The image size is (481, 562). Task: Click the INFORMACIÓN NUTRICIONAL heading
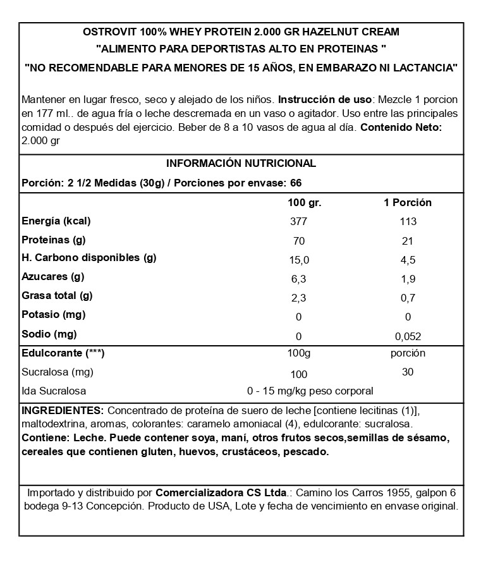coord(240,163)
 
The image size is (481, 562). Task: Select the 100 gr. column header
coord(304,203)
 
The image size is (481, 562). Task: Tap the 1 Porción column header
coord(408,203)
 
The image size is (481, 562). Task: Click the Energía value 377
coord(298,222)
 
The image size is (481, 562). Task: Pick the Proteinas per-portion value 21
coord(408,241)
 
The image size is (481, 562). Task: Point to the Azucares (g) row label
coord(53,277)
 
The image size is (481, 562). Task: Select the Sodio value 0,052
coord(408,336)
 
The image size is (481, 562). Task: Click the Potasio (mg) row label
coord(54,315)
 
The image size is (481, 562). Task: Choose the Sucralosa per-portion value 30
coord(408,372)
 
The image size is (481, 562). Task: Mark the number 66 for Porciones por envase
coord(296,183)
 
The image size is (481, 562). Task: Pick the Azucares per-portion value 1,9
coord(408,278)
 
